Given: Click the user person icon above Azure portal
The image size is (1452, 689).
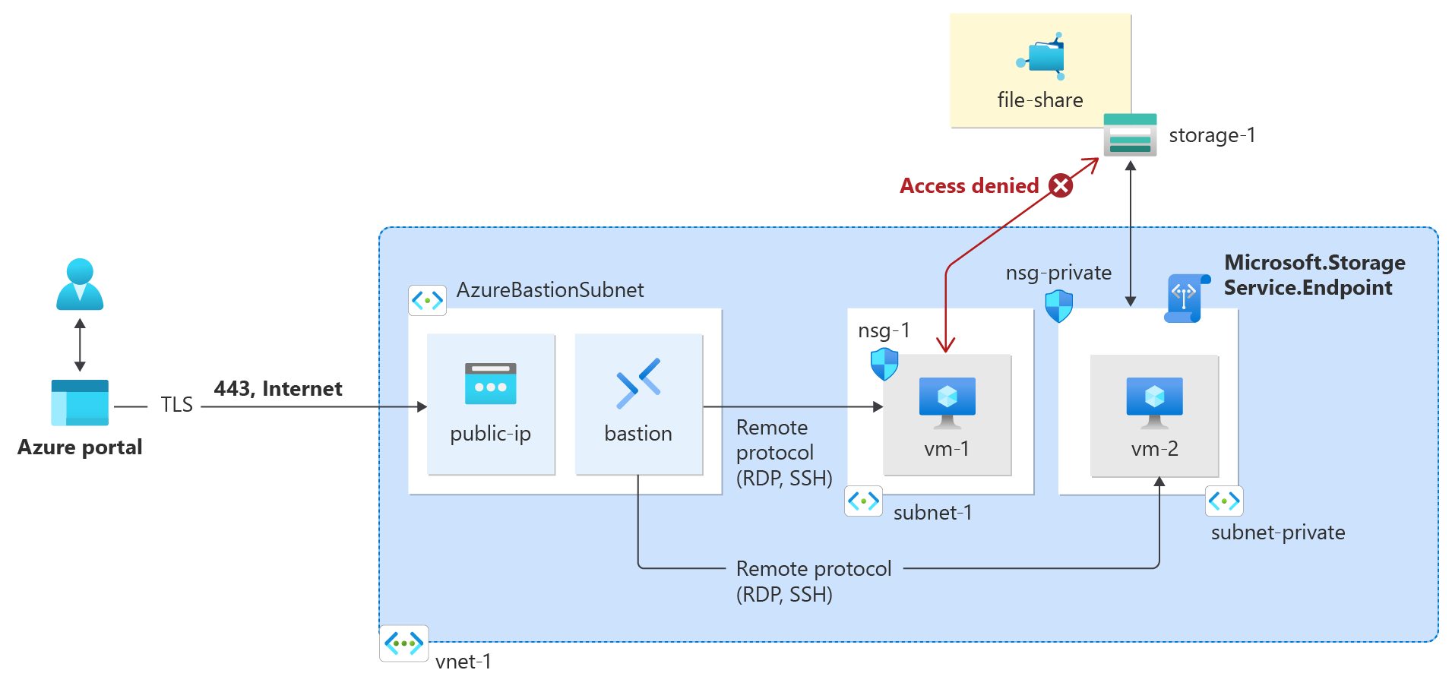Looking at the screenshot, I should (80, 284).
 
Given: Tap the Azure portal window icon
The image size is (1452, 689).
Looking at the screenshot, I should (80, 403).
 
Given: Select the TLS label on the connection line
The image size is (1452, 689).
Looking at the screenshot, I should (176, 405).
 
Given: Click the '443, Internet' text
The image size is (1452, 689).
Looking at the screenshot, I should (278, 389).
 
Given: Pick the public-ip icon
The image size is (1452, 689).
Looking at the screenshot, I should (490, 384).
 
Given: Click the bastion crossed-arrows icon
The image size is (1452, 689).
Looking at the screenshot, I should (638, 384).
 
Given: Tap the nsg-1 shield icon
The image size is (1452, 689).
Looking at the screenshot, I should (884, 364).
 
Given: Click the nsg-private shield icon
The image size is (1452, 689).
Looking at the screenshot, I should (1058, 306).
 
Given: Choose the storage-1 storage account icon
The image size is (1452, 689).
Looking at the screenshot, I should (1130, 135).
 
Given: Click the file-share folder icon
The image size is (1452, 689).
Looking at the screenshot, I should (1043, 56).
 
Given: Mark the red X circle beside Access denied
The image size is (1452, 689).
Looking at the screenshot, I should (1061, 185).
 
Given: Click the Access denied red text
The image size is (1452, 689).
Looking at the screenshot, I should (969, 186).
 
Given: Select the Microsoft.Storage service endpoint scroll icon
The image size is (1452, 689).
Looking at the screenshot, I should (1186, 299).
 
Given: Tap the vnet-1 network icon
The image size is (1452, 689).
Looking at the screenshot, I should (403, 644).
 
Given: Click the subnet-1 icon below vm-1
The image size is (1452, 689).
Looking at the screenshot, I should (863, 501).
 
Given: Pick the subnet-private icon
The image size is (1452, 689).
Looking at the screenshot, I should (1224, 501).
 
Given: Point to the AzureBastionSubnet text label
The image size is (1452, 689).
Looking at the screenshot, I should (550, 290).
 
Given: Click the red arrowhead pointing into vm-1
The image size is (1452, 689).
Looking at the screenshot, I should (946, 346).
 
